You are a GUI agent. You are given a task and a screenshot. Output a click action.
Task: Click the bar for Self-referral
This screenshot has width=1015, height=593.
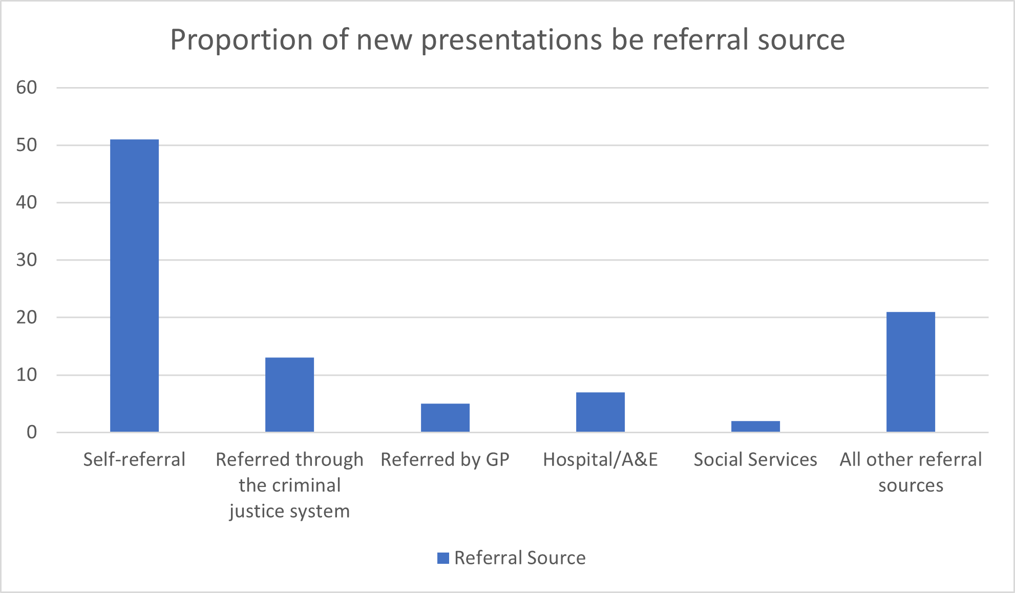(134, 286)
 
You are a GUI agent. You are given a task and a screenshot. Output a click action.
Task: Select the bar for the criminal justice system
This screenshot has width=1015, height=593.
(289, 395)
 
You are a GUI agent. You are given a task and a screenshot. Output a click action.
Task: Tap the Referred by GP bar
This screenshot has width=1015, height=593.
(445, 418)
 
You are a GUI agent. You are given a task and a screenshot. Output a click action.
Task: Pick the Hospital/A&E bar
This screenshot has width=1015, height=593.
(600, 412)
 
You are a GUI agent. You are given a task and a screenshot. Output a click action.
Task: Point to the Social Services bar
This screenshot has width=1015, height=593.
(755, 427)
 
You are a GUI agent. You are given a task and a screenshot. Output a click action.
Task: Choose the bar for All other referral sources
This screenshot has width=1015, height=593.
(911, 372)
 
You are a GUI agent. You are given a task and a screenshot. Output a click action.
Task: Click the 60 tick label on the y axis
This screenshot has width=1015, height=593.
(27, 88)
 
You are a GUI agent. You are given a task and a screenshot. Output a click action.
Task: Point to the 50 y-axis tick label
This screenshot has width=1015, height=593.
(27, 145)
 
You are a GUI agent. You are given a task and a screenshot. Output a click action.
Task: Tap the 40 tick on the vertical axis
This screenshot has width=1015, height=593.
(27, 202)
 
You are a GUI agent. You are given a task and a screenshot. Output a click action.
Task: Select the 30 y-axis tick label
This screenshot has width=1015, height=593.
(27, 260)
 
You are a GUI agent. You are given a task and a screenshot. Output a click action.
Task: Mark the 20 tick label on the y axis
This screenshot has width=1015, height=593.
(27, 317)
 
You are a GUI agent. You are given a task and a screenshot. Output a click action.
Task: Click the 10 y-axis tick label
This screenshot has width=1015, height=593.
(27, 375)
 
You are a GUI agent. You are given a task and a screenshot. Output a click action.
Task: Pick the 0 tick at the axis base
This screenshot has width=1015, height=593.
(32, 432)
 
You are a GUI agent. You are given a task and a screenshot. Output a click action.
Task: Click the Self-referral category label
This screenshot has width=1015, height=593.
(134, 459)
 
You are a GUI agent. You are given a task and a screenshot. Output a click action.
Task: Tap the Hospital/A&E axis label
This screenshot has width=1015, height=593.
(600, 459)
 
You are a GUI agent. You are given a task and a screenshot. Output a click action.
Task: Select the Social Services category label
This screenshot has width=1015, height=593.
(755, 459)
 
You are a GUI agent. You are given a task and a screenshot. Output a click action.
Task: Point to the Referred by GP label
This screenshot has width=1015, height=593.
(445, 459)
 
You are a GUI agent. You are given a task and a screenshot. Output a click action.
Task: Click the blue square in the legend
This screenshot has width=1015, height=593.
(443, 558)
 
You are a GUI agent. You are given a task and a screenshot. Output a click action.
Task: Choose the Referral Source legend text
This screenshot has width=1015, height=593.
(520, 558)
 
